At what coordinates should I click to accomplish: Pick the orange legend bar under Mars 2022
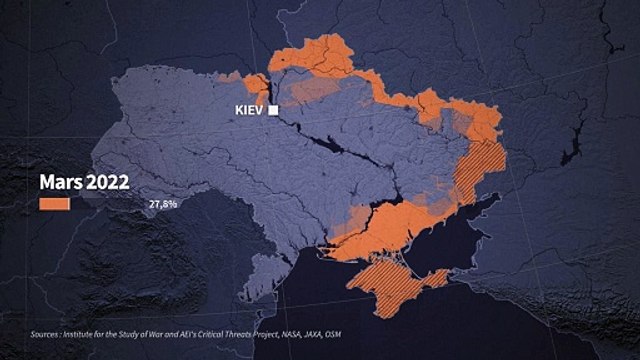(x=54, y=204)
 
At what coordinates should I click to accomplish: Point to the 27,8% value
(x=163, y=204)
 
